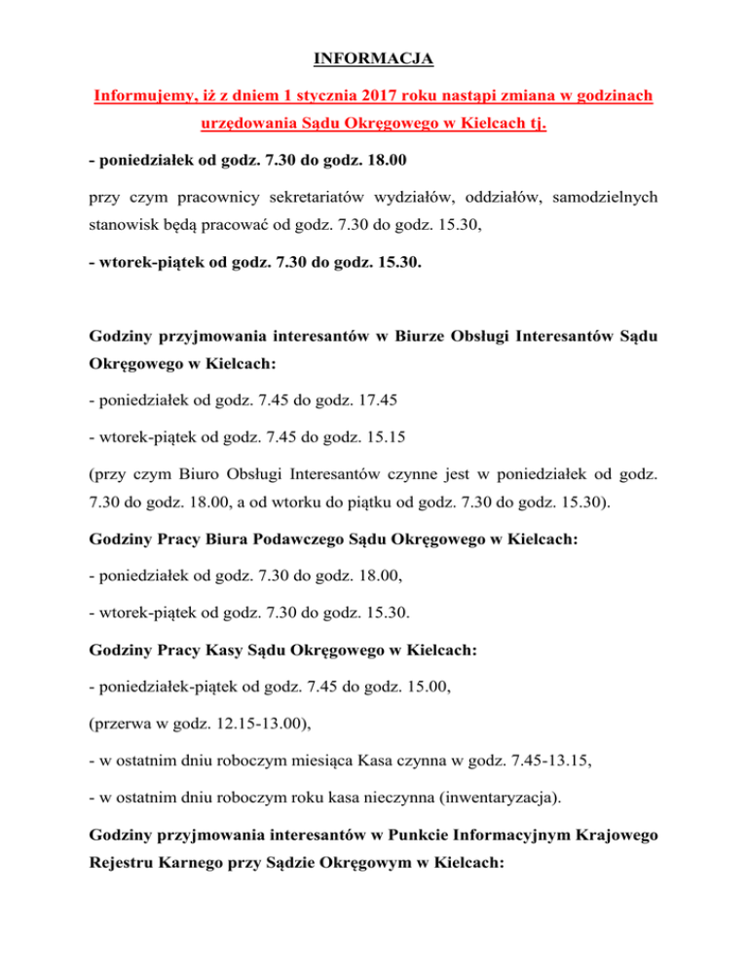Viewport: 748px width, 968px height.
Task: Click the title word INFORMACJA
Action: pos(374,60)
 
